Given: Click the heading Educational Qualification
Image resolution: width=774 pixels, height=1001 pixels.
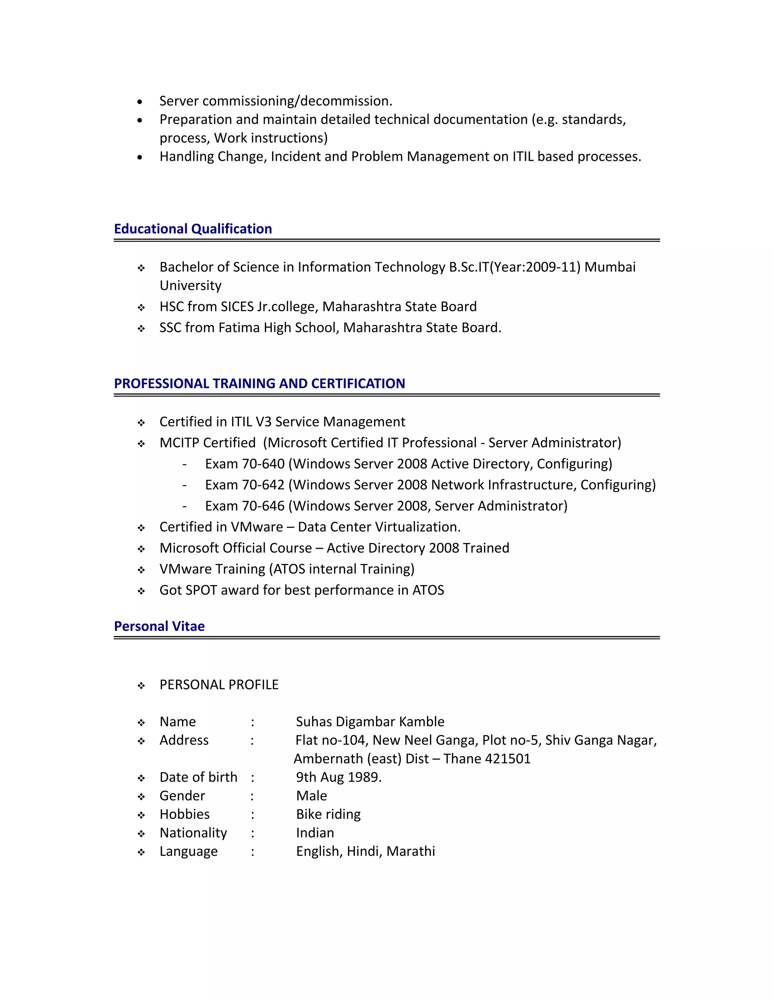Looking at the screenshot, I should (193, 229).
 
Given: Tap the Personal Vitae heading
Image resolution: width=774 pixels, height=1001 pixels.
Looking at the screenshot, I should (159, 626).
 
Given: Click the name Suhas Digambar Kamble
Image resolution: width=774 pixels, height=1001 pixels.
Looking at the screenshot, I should (370, 722).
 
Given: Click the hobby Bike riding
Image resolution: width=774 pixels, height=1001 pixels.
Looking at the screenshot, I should (328, 814).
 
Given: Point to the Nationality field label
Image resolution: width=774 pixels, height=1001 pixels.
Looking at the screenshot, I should (193, 833).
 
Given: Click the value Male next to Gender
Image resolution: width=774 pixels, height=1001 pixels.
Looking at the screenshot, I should (311, 796).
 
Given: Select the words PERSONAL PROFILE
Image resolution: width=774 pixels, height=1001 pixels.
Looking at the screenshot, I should (219, 685).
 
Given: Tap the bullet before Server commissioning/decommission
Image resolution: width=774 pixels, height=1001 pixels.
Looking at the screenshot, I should (140, 102).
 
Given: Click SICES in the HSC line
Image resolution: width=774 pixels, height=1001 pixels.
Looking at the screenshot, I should (237, 307).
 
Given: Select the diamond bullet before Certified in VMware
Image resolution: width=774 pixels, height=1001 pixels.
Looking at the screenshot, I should (141, 528).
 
